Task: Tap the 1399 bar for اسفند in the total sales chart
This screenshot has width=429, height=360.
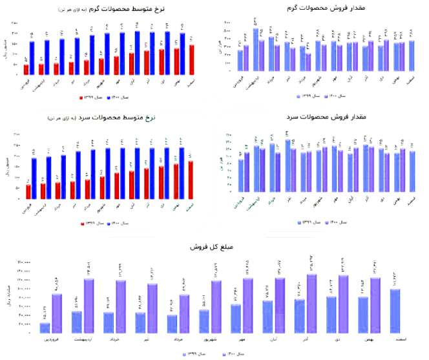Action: click(394, 311)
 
